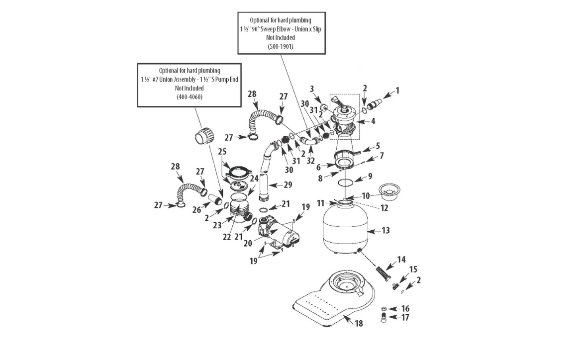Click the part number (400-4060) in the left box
tap(190, 97)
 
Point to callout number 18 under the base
tap(359, 323)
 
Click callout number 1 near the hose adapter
tap(397, 90)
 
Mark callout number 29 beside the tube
tap(288, 184)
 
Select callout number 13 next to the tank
tap(386, 230)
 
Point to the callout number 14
tap(401, 260)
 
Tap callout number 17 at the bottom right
tap(405, 318)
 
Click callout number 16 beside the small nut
tap(405, 308)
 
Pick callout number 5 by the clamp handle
tap(377, 146)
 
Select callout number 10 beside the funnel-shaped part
tap(366, 196)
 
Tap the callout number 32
tap(310, 161)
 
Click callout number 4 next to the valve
tap(373, 121)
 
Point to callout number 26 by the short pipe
tap(196, 210)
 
